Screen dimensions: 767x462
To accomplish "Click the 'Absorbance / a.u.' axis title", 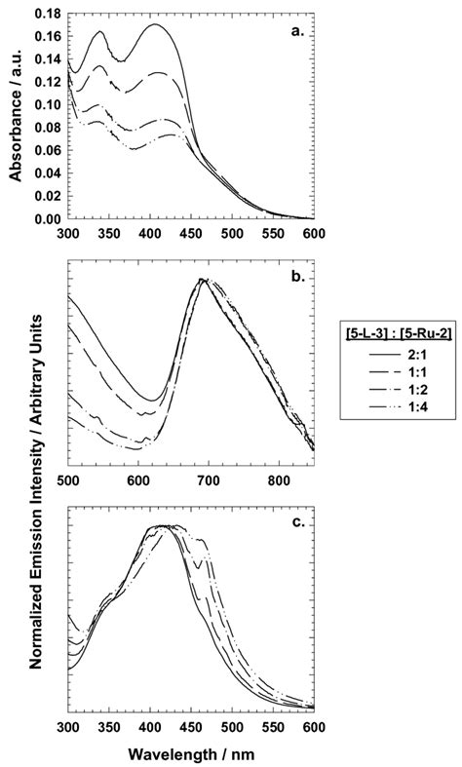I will (x=15, y=117).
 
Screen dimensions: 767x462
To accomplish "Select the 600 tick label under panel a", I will (x=314, y=234).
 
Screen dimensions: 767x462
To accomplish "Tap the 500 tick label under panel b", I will (x=68, y=480).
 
